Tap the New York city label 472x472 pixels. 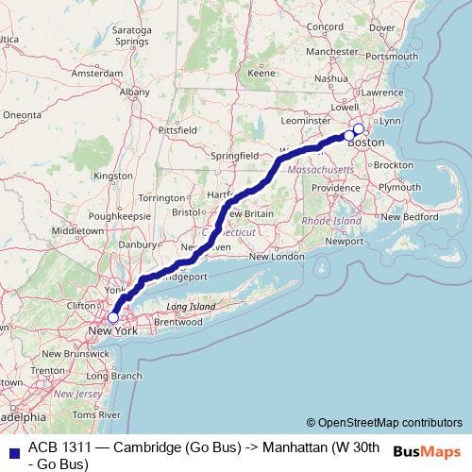tap(112, 331)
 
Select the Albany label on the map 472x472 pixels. tap(134, 93)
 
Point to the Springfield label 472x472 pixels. tap(236, 154)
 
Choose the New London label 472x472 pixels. tap(277, 257)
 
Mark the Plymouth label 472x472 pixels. tap(399, 187)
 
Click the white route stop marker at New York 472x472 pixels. tap(113, 318)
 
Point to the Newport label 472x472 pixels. tap(344, 241)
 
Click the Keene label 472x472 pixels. tap(261, 73)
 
